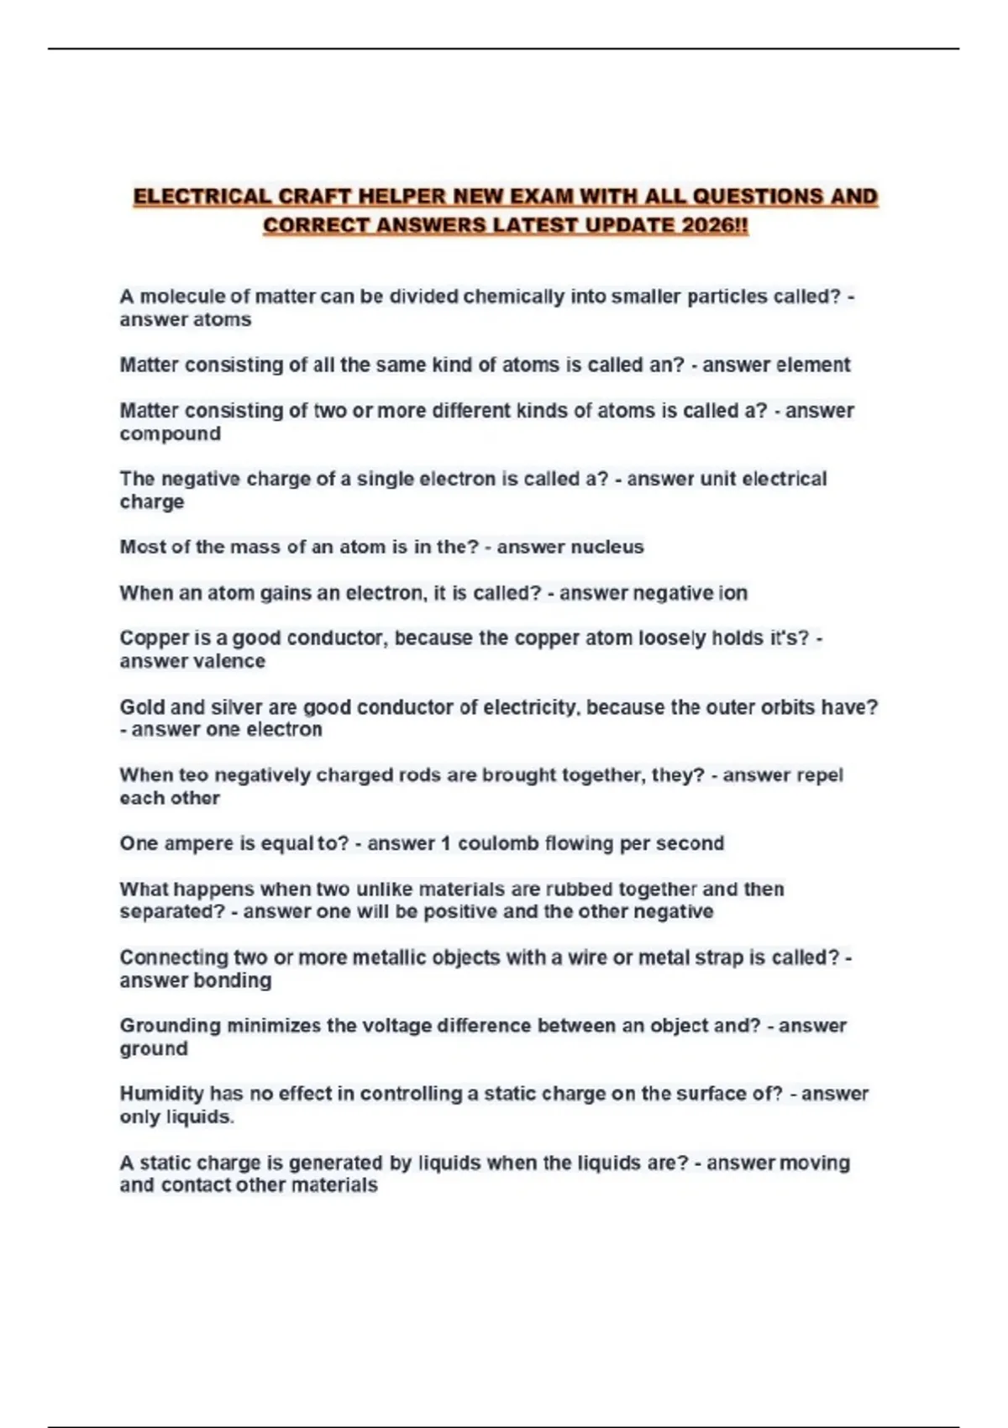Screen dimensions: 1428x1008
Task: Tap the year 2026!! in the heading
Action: click(715, 226)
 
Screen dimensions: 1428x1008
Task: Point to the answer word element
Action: click(812, 365)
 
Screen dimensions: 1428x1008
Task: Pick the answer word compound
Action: click(170, 433)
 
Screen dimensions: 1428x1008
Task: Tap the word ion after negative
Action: click(732, 593)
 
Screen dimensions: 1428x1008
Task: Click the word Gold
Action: click(142, 707)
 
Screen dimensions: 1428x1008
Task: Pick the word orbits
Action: click(788, 707)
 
